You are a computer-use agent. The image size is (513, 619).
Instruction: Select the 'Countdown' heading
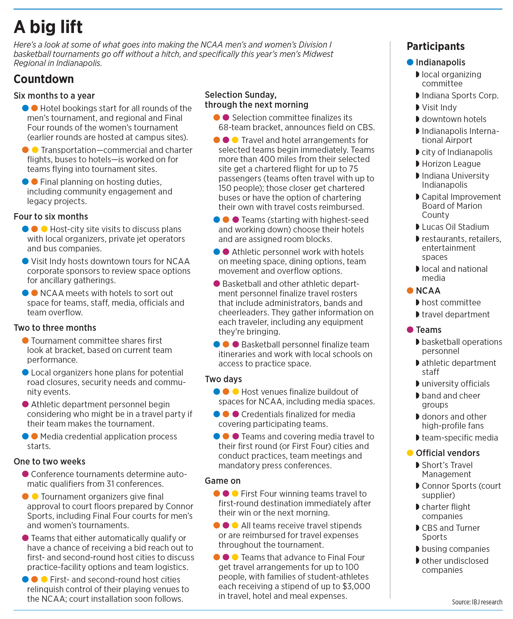44,79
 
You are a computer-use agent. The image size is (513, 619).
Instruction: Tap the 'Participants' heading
435,46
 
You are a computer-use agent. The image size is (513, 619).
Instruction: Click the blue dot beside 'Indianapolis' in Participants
410,62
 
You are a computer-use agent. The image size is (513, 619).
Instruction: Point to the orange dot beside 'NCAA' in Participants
410,291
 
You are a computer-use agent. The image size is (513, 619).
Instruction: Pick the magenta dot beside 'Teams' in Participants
410,330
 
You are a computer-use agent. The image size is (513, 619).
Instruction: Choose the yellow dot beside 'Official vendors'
410,453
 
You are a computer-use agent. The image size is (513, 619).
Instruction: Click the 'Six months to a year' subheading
54,95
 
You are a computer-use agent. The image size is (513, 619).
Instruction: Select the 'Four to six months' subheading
51,216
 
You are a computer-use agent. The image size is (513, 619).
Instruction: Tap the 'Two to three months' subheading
55,328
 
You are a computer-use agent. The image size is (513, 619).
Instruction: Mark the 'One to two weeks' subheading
49,461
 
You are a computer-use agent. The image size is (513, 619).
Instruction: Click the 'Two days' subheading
223,379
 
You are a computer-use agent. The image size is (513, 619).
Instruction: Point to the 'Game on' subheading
223,481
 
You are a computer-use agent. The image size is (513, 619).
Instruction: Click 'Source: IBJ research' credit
477,602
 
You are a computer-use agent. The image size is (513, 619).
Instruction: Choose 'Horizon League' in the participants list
451,164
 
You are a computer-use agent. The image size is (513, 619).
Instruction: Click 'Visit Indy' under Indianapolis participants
439,107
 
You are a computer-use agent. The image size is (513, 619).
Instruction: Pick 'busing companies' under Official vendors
455,549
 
